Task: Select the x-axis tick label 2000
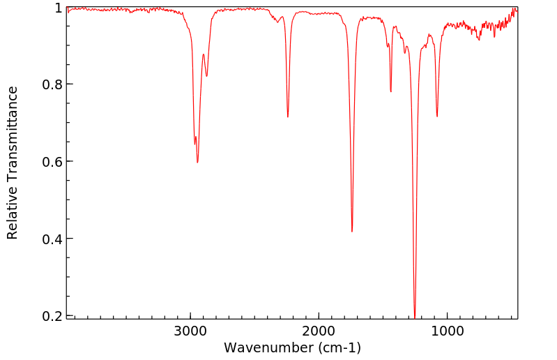tap(319, 331)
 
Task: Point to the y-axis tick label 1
tap(59, 8)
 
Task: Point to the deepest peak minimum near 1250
tap(415, 317)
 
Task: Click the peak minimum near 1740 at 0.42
tap(352, 232)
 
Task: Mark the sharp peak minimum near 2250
tap(288, 117)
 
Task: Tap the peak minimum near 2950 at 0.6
tap(198, 163)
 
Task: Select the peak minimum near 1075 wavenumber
tap(437, 117)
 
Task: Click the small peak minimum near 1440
tap(391, 91)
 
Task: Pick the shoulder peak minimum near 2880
tap(207, 76)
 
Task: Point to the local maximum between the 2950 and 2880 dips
tap(204, 54)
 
